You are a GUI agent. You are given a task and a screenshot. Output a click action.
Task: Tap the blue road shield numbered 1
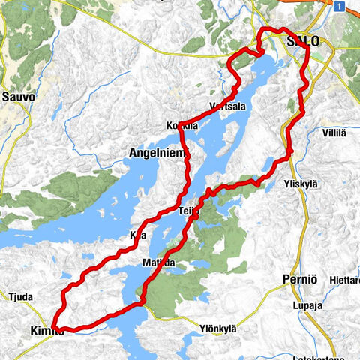point(340,7)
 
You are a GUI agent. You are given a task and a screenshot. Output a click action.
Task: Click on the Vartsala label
point(229,106)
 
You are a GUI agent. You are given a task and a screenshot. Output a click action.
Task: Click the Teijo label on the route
point(188,211)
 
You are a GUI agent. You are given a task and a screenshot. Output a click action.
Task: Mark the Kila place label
point(137,235)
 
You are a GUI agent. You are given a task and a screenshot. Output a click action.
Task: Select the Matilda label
point(158,262)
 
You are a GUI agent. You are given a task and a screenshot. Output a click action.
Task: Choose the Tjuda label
point(20,297)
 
